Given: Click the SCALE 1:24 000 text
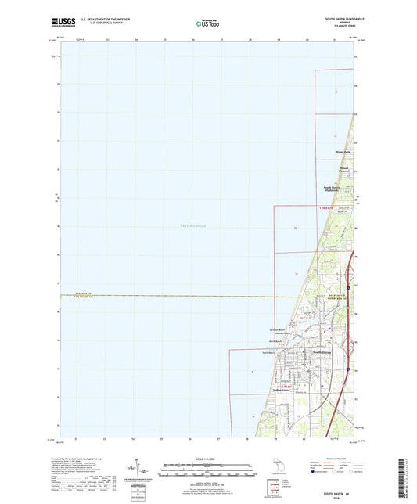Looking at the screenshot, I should click(x=208, y=458).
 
